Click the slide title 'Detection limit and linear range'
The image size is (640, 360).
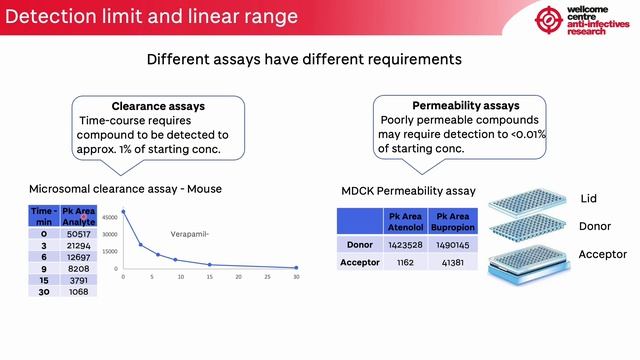coord(151,16)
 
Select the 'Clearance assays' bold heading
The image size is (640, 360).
coord(158,106)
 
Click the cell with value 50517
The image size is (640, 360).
coord(77,233)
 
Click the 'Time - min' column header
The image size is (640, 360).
coord(43,215)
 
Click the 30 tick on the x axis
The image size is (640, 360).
coord(297,277)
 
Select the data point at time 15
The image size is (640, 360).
coord(210,265)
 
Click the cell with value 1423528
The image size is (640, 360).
coord(406,243)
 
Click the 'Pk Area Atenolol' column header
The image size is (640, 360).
coord(406,221)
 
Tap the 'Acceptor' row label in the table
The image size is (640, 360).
coord(359,262)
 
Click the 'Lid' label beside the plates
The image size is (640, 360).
coord(588,199)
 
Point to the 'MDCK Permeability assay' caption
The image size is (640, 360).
coord(407,191)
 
